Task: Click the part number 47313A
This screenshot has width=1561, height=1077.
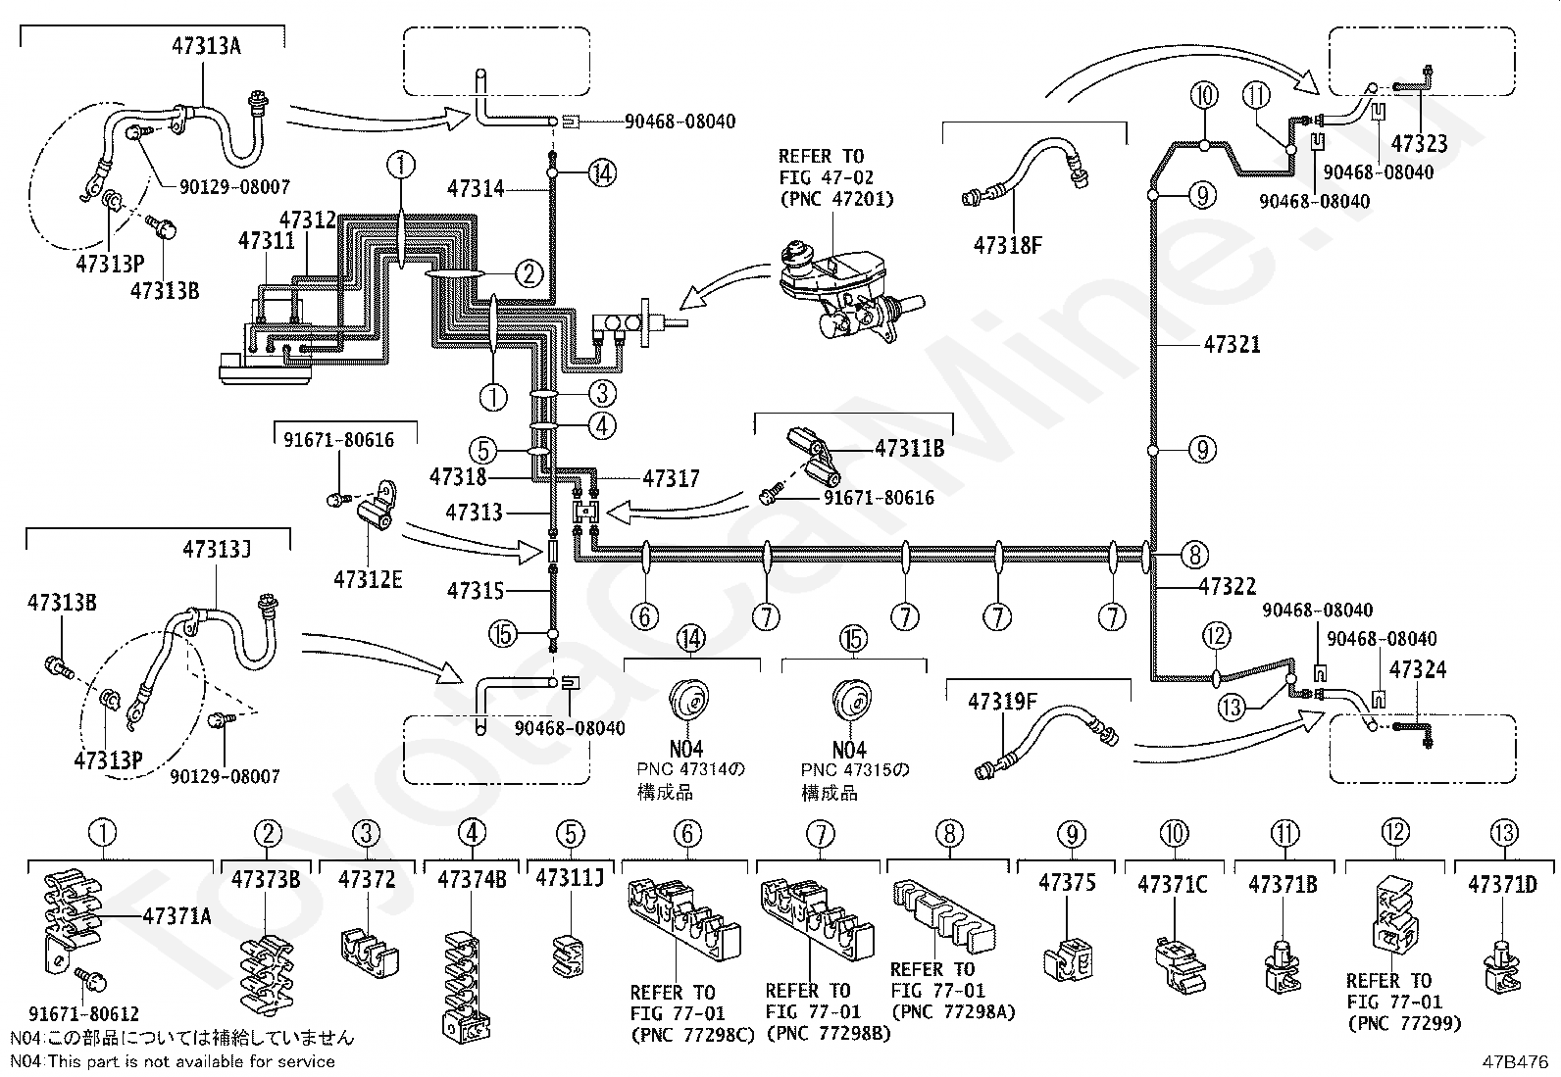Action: coord(206,46)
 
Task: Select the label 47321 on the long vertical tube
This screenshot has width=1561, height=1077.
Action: coord(1233,344)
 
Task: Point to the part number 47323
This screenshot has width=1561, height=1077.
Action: coord(1420,143)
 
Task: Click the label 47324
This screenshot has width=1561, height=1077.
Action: coord(1418,669)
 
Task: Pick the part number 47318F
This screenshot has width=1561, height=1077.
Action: coord(1008,245)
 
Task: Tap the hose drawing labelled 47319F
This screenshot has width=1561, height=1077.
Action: coord(1046,743)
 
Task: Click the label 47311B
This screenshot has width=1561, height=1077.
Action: coord(909,449)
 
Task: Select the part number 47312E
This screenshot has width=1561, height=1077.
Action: coord(368,579)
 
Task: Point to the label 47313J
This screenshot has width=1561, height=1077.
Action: coord(218,549)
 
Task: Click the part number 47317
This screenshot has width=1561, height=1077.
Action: coord(671,478)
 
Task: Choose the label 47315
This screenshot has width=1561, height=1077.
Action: coord(476,591)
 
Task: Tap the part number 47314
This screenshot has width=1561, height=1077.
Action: coord(476,188)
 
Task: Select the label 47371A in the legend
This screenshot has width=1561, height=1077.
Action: coord(177,916)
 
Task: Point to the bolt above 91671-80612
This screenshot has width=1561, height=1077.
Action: coord(90,979)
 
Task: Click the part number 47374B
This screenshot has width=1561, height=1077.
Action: coord(472,879)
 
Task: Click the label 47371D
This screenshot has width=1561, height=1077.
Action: coord(1502,884)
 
